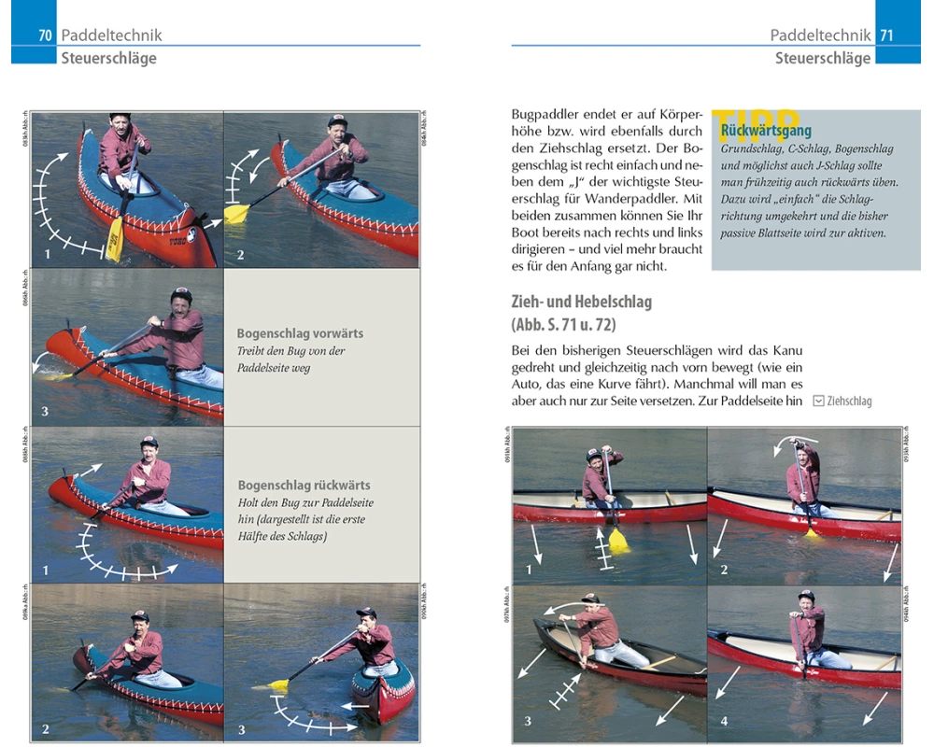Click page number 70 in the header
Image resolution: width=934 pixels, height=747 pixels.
point(44,35)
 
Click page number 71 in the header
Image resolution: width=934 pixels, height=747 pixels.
point(886,35)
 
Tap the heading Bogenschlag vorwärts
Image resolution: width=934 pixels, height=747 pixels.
point(300,333)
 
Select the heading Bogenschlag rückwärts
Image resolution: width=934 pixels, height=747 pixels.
point(304,485)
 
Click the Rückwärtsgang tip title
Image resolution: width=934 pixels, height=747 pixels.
point(766,131)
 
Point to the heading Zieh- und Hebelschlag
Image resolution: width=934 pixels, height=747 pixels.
point(581,303)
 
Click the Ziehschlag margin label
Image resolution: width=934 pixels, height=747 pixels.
point(849,401)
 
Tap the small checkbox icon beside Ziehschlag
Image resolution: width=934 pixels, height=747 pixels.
point(818,401)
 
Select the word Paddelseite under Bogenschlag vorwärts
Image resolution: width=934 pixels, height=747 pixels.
point(269,367)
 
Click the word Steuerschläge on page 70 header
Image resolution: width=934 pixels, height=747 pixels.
point(109,58)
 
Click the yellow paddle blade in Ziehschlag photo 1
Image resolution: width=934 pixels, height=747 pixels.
point(618,539)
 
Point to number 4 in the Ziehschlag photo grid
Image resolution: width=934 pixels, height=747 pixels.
point(724,721)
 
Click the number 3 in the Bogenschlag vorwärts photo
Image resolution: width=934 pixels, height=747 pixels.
point(44,411)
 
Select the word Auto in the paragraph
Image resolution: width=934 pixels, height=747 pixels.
point(529,384)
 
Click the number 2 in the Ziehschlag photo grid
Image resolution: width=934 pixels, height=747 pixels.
point(723,570)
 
